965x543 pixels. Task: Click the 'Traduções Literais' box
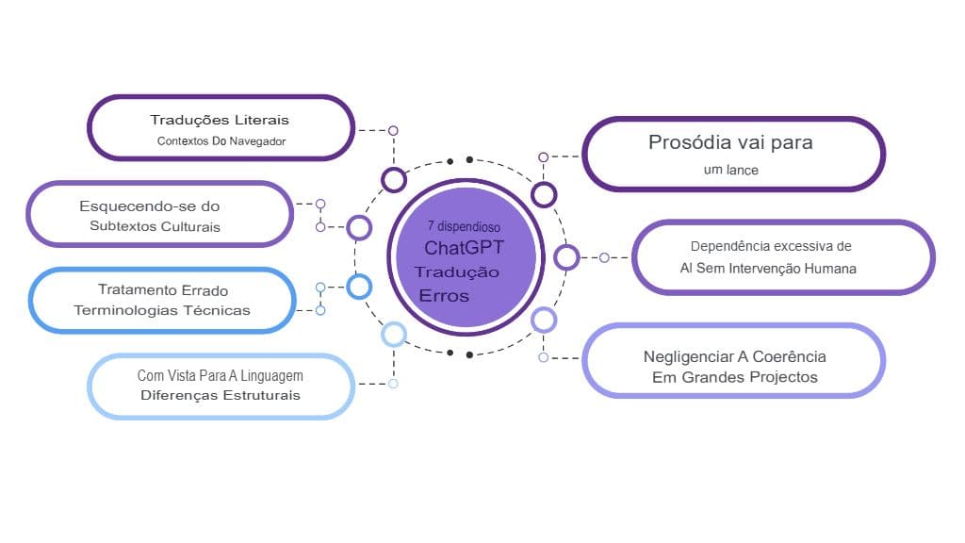(221, 128)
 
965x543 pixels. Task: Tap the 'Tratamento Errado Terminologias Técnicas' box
(163, 300)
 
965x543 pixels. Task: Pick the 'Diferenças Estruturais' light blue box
(221, 386)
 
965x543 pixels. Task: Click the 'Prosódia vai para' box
(733, 154)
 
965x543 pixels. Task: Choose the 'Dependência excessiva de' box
(782, 257)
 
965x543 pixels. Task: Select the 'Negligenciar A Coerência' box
(733, 361)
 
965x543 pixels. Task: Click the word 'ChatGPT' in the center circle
(464, 249)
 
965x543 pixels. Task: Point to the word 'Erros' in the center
(443, 296)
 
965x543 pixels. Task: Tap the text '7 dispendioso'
(463, 227)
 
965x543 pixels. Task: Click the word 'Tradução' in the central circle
(457, 272)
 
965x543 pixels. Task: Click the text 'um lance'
(730, 171)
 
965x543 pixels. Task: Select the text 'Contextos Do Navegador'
(221, 141)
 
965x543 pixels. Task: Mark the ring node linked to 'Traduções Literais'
(393, 179)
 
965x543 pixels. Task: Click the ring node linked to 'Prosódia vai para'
(544, 194)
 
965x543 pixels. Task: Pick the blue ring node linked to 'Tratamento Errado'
(359, 287)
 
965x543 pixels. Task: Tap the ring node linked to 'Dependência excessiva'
(566, 256)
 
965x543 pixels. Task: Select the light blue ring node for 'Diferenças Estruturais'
(393, 334)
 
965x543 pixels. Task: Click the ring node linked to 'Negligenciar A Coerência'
(544, 320)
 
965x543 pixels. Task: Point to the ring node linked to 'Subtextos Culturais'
(359, 227)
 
